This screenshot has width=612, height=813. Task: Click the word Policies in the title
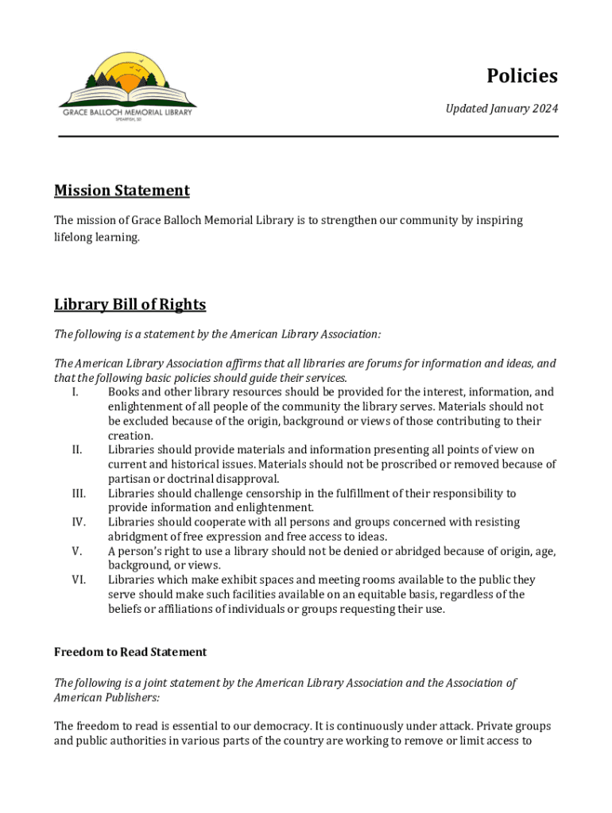click(x=522, y=76)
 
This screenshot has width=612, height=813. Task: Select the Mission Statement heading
click(x=122, y=191)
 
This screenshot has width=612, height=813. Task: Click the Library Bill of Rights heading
click(x=130, y=305)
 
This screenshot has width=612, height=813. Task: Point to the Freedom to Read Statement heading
click(x=130, y=652)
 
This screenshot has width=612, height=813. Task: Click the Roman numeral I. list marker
click(x=74, y=392)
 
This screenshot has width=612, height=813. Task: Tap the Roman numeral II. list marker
click(x=76, y=450)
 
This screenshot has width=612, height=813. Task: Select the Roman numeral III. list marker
click(x=78, y=494)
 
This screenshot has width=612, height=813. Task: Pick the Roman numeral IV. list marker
click(x=78, y=522)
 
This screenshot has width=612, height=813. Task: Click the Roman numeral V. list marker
click(x=76, y=551)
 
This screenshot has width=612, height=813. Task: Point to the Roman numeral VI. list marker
click(x=78, y=580)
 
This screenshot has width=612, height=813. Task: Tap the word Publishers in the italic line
click(x=131, y=697)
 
